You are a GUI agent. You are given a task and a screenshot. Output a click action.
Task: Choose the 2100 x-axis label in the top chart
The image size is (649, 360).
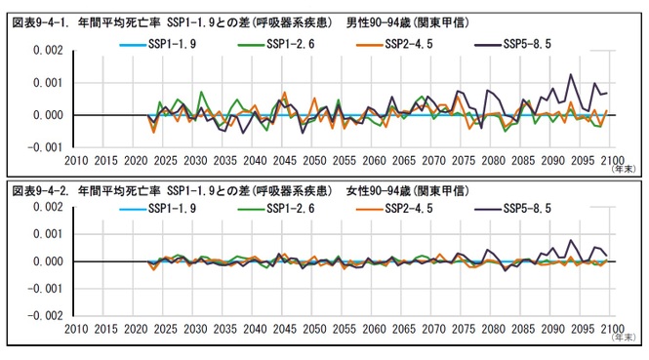613,160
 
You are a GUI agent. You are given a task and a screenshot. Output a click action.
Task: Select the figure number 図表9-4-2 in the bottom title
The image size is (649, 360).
40,188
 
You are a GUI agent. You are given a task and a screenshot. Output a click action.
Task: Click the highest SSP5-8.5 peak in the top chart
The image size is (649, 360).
571,74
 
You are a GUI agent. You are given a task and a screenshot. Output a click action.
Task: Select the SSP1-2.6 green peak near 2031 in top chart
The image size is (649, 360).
201,93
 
